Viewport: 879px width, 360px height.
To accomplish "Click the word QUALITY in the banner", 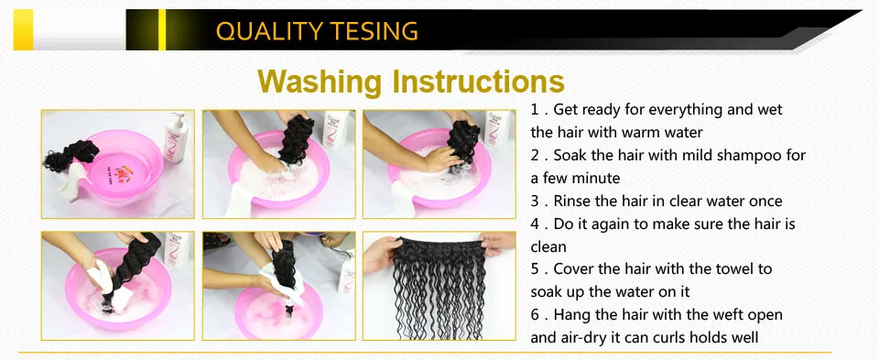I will [x=266, y=31].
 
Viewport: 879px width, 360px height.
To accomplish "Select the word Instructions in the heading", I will [x=478, y=81].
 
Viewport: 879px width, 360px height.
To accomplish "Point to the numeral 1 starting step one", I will [x=535, y=110].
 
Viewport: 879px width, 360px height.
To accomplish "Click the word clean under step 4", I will [x=548, y=246].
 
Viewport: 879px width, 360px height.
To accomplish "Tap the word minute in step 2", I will [x=596, y=179].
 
